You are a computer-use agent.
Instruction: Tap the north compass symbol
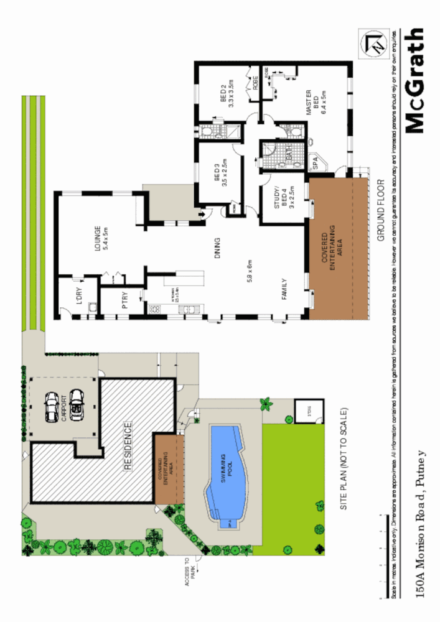coord(375,44)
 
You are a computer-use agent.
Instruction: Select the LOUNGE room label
coord(101,237)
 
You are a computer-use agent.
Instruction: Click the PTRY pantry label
coord(124,302)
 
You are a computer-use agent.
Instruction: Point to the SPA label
coord(315,163)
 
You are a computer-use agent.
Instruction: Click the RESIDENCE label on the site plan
coord(128,447)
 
